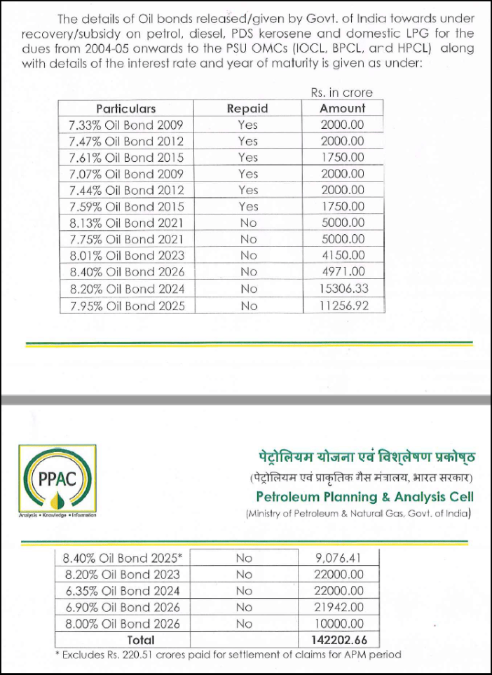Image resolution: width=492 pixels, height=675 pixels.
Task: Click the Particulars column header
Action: pyautogui.click(x=126, y=109)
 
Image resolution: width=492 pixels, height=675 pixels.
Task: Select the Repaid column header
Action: pyautogui.click(x=247, y=109)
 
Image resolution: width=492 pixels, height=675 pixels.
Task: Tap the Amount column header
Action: pyautogui.click(x=342, y=109)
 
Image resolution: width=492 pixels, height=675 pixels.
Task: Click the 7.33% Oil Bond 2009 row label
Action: pyautogui.click(x=126, y=125)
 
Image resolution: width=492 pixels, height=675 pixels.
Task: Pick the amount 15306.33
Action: pyautogui.click(x=342, y=289)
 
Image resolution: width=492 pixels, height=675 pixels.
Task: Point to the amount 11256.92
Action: pyautogui.click(x=342, y=306)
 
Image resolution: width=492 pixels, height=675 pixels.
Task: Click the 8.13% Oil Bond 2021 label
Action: pyautogui.click(x=126, y=223)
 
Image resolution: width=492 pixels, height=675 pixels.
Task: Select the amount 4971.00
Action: pyautogui.click(x=342, y=273)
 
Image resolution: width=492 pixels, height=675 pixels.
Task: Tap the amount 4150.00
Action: pyautogui.click(x=342, y=256)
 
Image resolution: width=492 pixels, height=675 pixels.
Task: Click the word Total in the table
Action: pyautogui.click(x=140, y=640)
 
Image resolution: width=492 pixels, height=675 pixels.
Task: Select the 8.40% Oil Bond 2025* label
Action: pyautogui.click(x=123, y=559)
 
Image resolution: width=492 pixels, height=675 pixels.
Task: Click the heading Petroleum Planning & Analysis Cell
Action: pyautogui.click(x=364, y=497)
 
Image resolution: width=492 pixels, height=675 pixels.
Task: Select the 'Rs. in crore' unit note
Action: pyautogui.click(x=341, y=93)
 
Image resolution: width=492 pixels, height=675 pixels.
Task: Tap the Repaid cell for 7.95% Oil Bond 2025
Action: pyautogui.click(x=248, y=306)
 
